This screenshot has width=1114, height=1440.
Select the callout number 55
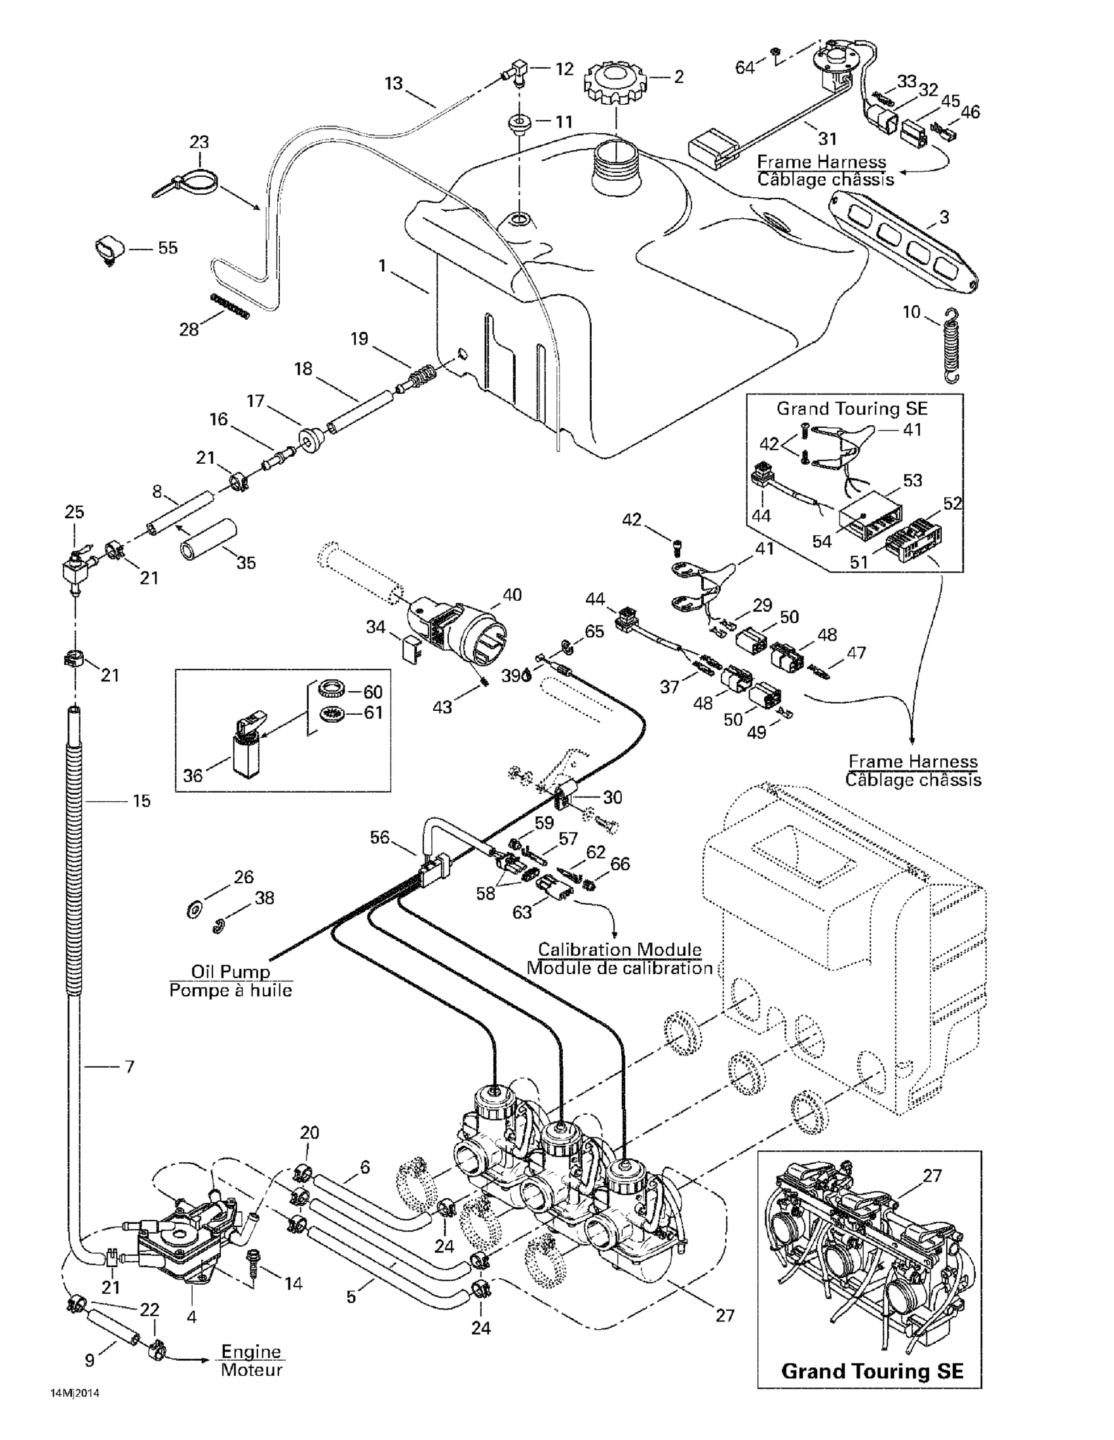click(x=168, y=248)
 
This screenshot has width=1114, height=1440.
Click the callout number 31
click(x=827, y=138)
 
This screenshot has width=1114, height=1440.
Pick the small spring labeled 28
click(x=231, y=307)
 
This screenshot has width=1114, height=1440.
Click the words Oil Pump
click(x=230, y=971)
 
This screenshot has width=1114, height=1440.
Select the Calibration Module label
click(x=619, y=949)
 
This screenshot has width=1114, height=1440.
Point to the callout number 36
click(x=193, y=776)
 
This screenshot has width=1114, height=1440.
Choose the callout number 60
click(x=373, y=692)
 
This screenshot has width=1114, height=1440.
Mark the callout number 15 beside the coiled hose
click(x=142, y=801)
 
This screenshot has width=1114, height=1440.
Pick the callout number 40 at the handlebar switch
click(x=512, y=595)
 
